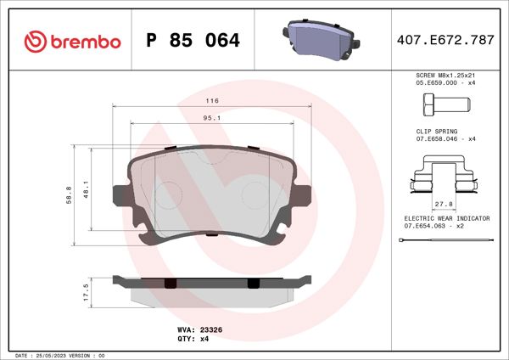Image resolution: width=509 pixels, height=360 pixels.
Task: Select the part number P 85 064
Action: pyautogui.click(x=193, y=41)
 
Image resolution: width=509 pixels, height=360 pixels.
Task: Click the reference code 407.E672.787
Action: pyautogui.click(x=444, y=41)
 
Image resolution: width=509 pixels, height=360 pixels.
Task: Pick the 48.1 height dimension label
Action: pyautogui.click(x=87, y=189)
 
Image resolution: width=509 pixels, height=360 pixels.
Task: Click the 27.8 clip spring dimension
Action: pyautogui.click(x=441, y=204)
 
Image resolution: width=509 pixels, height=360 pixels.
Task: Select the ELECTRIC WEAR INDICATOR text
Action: pyautogui.click(x=446, y=218)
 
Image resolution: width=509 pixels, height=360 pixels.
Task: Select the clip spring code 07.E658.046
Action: pyautogui.click(x=434, y=138)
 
